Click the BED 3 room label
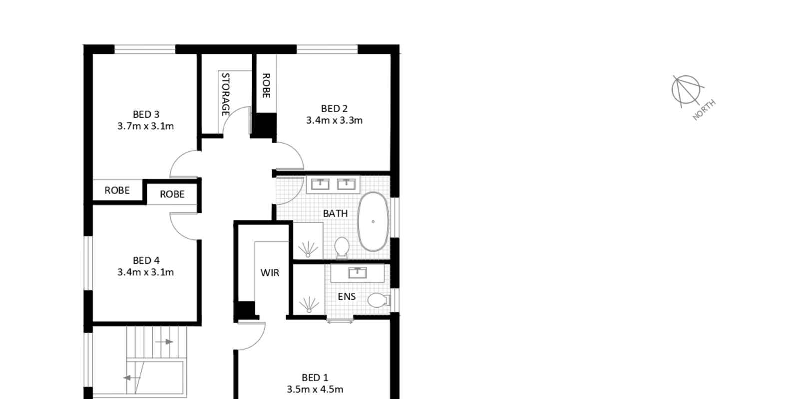click(146, 114)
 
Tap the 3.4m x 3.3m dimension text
click(334, 120)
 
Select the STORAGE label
click(225, 94)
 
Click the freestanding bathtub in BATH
click(373, 221)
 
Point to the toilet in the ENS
click(379, 300)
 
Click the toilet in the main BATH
click(342, 248)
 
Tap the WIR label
click(270, 273)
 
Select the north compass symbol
click(686, 90)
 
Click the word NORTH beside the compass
click(704, 110)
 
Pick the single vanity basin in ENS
click(358, 273)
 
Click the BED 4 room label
click(146, 261)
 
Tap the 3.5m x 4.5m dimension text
click(315, 390)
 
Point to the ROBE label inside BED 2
click(266, 85)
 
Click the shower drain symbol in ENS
click(309, 304)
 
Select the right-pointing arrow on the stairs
click(164, 342)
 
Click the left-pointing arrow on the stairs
click(131, 378)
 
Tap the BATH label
click(335, 214)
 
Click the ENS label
click(347, 296)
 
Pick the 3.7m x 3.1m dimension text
click(145, 126)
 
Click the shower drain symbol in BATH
click(308, 249)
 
